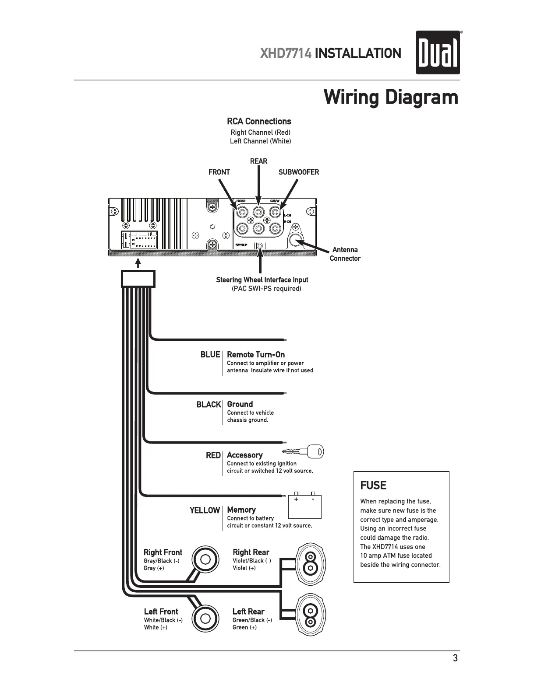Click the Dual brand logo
click(438, 52)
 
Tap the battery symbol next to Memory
click(304, 506)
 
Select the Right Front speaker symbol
click(205, 559)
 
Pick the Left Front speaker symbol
click(205, 618)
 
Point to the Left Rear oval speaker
click(311, 615)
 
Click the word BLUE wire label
click(210, 355)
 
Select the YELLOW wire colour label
click(205, 510)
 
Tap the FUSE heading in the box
click(373, 486)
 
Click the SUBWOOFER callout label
click(299, 172)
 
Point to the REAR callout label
click(258, 161)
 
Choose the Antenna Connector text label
click(345, 254)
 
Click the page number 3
click(455, 658)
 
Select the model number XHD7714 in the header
click(286, 54)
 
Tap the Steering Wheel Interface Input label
click(262, 280)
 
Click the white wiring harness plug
click(138, 279)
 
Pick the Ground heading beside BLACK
click(240, 404)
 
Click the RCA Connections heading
click(259, 122)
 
